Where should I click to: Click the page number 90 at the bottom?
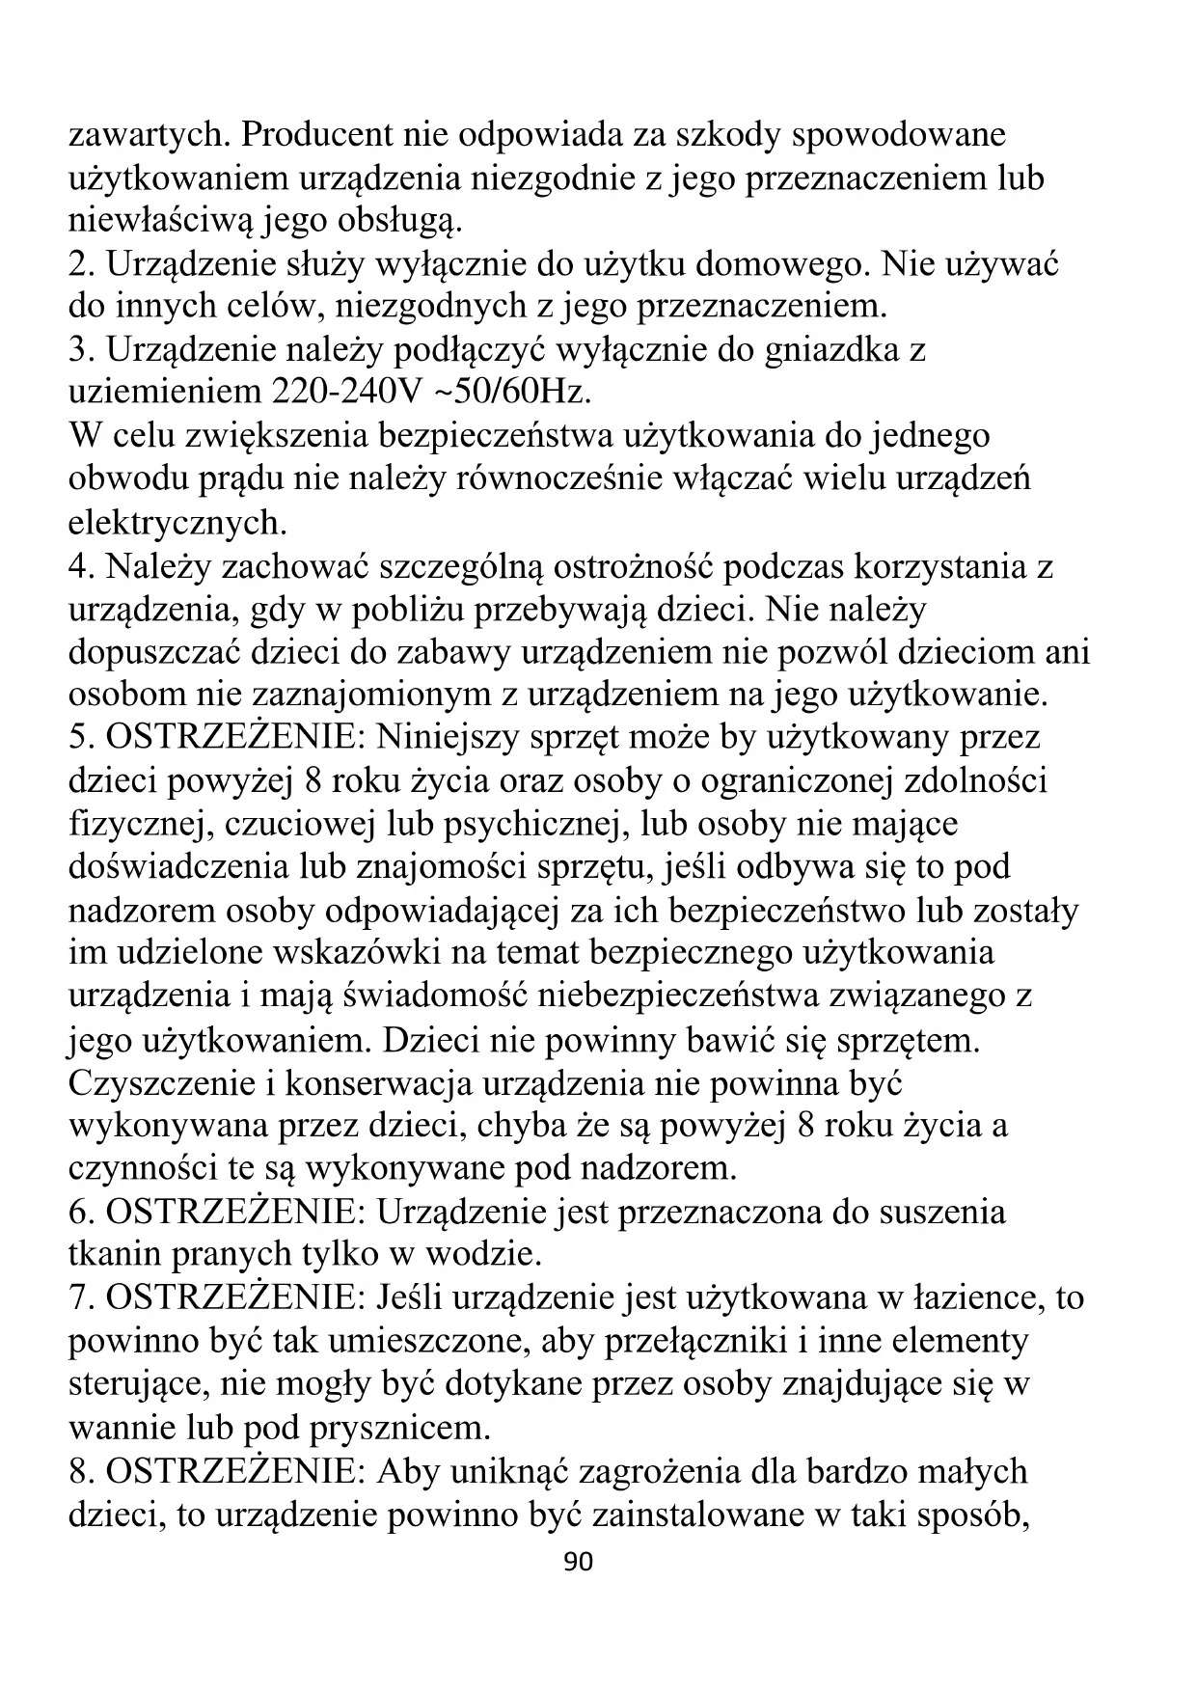point(578,1562)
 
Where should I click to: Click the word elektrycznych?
point(177,523)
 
